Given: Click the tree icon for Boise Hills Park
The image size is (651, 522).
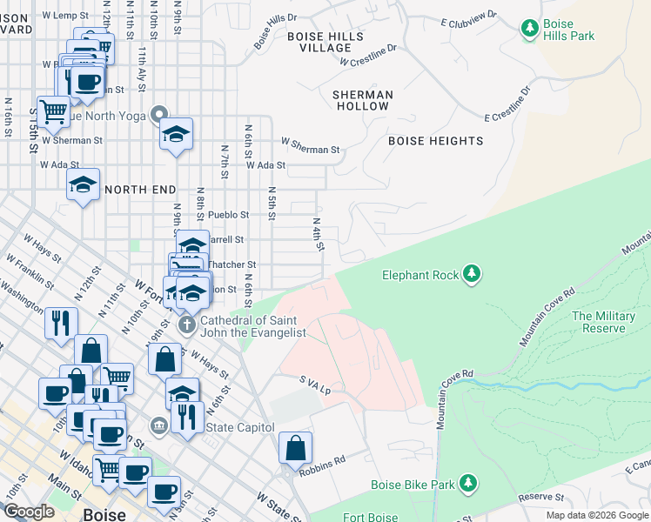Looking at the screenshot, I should [x=530, y=29].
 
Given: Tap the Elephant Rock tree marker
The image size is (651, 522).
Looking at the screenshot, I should [x=471, y=275].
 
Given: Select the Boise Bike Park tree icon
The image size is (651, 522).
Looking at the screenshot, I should [x=468, y=484].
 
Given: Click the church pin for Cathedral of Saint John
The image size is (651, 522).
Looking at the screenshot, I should [x=185, y=325].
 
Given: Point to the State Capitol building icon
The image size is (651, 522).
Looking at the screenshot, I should [x=159, y=426].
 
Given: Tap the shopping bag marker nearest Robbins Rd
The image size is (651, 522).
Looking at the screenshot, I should [x=296, y=449].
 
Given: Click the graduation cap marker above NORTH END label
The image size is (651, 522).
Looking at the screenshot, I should [x=176, y=135].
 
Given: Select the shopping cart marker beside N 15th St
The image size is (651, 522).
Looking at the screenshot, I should [x=53, y=110].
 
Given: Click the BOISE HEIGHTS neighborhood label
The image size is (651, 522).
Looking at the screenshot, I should [x=435, y=141].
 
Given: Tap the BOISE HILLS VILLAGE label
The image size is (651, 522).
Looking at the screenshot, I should [x=325, y=42].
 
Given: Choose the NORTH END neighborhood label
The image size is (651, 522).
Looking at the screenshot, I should [x=140, y=189].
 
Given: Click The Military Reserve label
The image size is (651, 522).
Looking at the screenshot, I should [x=603, y=322].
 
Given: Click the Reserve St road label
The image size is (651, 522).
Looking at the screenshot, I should [x=541, y=498].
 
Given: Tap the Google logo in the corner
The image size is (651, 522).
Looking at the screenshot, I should [x=29, y=512].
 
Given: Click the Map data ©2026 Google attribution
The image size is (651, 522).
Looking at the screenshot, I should [x=597, y=515].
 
